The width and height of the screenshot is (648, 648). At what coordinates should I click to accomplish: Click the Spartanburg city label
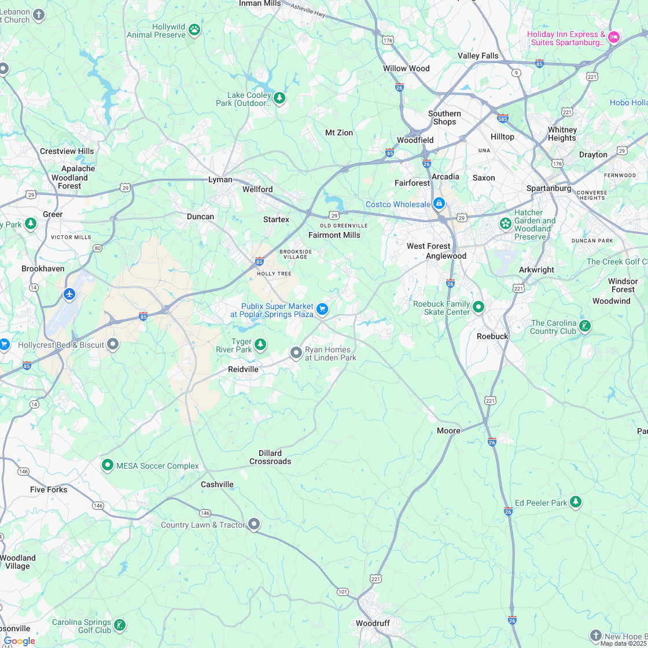[x=548, y=188]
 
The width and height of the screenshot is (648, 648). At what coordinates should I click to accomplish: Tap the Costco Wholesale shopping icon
[x=439, y=204]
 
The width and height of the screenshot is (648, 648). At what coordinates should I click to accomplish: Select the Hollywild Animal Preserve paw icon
[x=194, y=30]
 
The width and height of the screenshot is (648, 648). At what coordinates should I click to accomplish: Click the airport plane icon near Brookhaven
[x=69, y=294]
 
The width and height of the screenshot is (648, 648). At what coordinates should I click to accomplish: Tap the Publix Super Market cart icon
[x=322, y=310]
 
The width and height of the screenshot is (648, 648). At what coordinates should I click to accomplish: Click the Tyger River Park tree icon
[x=260, y=345]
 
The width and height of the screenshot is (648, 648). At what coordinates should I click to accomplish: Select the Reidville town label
[x=243, y=369]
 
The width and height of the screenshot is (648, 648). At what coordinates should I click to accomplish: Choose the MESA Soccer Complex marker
[x=107, y=465]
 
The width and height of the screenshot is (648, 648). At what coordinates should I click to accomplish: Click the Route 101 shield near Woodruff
[x=343, y=591]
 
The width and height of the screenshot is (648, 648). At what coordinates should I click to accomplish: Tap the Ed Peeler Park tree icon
[x=575, y=502]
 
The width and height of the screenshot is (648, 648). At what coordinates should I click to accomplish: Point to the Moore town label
[x=448, y=430]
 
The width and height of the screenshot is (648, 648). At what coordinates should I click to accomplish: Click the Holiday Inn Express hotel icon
[x=614, y=37]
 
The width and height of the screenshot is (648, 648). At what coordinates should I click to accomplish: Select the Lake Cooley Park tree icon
[x=279, y=98]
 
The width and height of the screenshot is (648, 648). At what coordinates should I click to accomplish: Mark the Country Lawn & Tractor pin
[x=253, y=524]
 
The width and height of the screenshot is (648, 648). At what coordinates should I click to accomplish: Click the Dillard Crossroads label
[x=270, y=457]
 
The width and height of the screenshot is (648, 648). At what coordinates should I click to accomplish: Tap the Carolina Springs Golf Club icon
[x=119, y=625]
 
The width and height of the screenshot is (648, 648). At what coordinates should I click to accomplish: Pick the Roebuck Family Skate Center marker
[x=478, y=307]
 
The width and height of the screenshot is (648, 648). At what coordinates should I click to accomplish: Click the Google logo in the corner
[x=19, y=640]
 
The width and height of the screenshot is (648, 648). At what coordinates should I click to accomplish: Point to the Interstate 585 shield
[x=502, y=118]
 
